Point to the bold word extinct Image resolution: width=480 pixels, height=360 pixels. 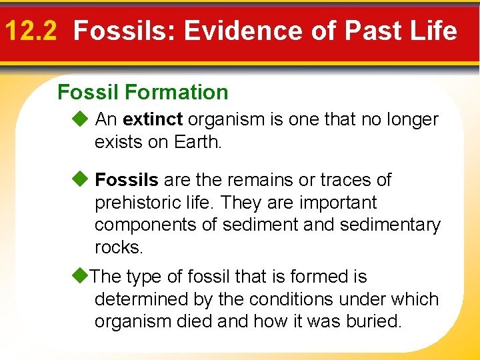pos(153,120)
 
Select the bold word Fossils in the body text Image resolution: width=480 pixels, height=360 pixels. pos(127,180)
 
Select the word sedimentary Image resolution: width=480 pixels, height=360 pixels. pos(390,225)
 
